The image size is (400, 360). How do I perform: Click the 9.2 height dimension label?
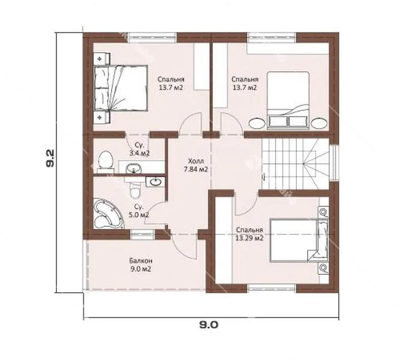pyautogui.click(x=50, y=158)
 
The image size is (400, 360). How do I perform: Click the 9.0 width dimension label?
pyautogui.click(x=209, y=325)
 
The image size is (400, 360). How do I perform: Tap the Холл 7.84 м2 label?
pyautogui.click(x=196, y=165)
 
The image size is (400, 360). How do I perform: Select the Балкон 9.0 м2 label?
pyautogui.click(x=140, y=265)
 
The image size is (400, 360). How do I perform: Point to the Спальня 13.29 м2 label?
pyautogui.click(x=249, y=234)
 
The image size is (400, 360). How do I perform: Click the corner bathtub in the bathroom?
pyautogui.click(x=109, y=214)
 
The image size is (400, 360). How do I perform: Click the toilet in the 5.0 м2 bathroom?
pyautogui.click(x=135, y=189)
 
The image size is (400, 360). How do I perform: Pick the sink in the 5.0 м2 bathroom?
pyautogui.click(x=155, y=182)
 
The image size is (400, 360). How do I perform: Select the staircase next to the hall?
pyautogui.click(x=295, y=164)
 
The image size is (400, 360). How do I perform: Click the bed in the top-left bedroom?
pyautogui.click(x=121, y=88)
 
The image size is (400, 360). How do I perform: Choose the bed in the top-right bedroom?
pyautogui.click(x=288, y=100)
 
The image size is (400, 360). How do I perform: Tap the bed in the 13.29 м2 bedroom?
pyautogui.click(x=299, y=240)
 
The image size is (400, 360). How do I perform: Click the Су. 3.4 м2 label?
pyautogui.click(x=139, y=149)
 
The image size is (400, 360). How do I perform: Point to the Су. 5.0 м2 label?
pyautogui.click(x=139, y=211)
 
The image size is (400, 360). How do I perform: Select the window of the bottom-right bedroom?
pyautogui.click(x=272, y=288)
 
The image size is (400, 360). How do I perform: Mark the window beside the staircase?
pyautogui.click(x=334, y=163)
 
